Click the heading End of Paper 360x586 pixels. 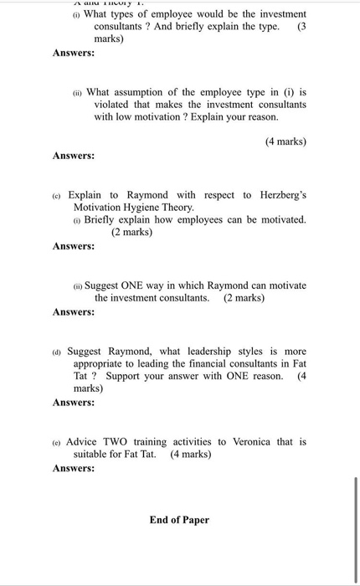point(179,520)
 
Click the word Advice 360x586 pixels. point(83,441)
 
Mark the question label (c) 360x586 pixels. point(58,195)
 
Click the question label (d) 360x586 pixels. point(57,352)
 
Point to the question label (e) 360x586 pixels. point(57,442)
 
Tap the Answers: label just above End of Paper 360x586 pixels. point(74,468)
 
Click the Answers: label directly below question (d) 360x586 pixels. point(74,402)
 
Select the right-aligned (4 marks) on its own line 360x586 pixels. point(285,141)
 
